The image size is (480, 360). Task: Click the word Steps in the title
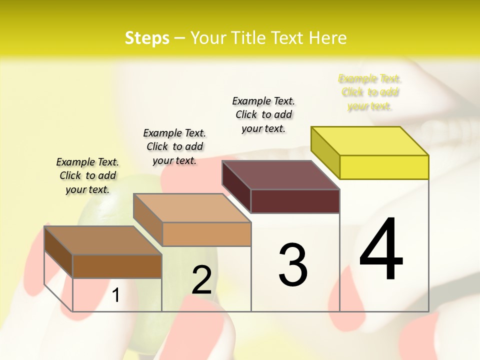click(147, 38)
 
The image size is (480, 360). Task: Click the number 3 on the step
click(293, 264)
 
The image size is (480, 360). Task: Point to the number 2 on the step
click(202, 280)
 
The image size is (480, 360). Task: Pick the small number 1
click(116, 295)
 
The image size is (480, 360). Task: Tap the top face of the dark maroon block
click(281, 175)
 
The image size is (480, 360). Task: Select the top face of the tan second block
click(192, 208)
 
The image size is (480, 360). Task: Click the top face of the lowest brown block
click(103, 240)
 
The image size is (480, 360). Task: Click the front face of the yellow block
click(384, 167)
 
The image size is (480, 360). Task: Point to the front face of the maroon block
click(295, 201)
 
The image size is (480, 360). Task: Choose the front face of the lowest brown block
click(117, 266)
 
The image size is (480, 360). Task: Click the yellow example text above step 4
click(370, 92)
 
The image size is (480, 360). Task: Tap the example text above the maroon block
click(263, 114)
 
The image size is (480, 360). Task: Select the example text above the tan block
click(174, 146)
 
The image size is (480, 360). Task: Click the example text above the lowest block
click(87, 175)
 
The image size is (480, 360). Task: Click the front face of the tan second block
click(206, 234)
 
